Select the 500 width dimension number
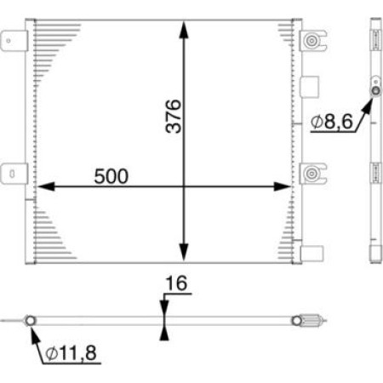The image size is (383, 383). pyautogui.click(x=111, y=176)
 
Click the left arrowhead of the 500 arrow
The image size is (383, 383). pyautogui.click(x=43, y=186)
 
